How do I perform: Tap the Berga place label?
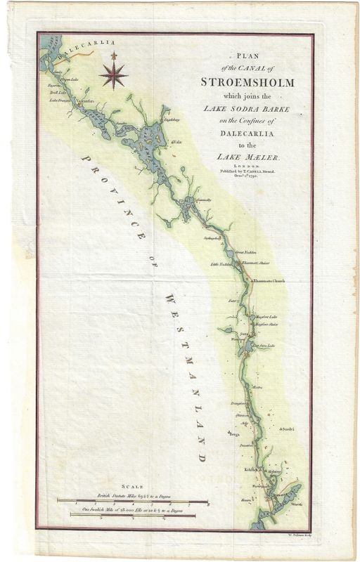(x=234, y=434)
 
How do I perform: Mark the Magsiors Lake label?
(x=268, y=317)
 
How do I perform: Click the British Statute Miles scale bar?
(x=133, y=502)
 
